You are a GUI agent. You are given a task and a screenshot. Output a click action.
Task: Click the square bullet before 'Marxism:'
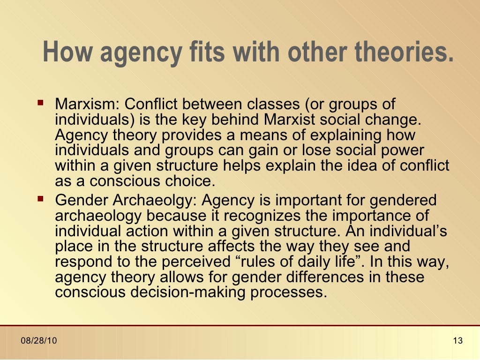(x=41, y=102)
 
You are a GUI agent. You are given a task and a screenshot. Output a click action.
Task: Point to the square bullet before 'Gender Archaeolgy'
(x=41, y=199)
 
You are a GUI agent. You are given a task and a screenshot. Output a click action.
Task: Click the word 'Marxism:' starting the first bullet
(x=88, y=104)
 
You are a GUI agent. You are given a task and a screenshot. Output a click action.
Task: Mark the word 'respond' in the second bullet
(x=84, y=262)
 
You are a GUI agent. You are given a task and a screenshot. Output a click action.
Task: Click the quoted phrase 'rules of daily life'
(x=318, y=262)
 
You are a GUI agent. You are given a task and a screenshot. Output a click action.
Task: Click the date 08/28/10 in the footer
(x=39, y=341)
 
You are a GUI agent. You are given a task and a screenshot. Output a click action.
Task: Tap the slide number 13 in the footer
(x=458, y=341)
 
